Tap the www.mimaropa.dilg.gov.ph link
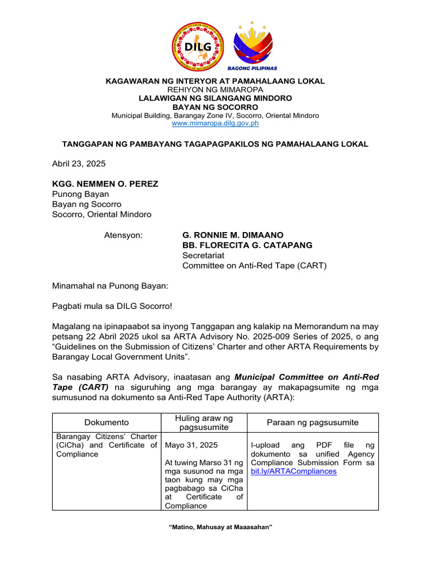click(215, 123)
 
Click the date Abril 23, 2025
click(79, 164)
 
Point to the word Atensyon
click(123, 235)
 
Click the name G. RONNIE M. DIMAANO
click(233, 235)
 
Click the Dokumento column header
click(107, 423)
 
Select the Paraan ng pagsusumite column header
click(313, 423)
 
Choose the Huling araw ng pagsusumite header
click(203, 423)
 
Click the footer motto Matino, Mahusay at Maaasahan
click(215, 527)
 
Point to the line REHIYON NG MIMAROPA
click(215, 90)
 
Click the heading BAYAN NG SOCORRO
click(215, 107)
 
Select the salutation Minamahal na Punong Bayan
click(110, 286)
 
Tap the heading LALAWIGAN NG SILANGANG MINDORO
click(215, 98)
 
